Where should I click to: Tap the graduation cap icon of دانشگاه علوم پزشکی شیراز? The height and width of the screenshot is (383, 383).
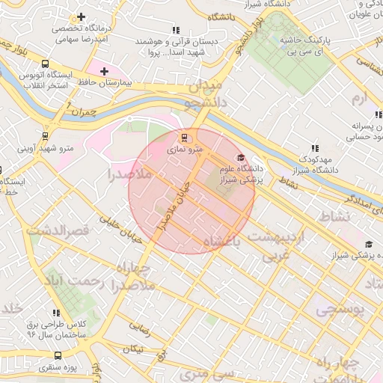[240, 157]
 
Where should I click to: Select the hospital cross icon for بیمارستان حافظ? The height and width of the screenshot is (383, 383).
[105, 70]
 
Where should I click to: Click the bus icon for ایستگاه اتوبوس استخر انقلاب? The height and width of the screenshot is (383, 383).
[46, 64]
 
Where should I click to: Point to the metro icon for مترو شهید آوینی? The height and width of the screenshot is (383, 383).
[46, 136]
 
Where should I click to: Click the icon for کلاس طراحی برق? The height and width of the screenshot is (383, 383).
[55, 313]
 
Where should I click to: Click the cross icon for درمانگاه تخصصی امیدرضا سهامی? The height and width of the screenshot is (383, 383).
[81, 16]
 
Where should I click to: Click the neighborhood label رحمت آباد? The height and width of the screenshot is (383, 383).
[72, 281]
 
